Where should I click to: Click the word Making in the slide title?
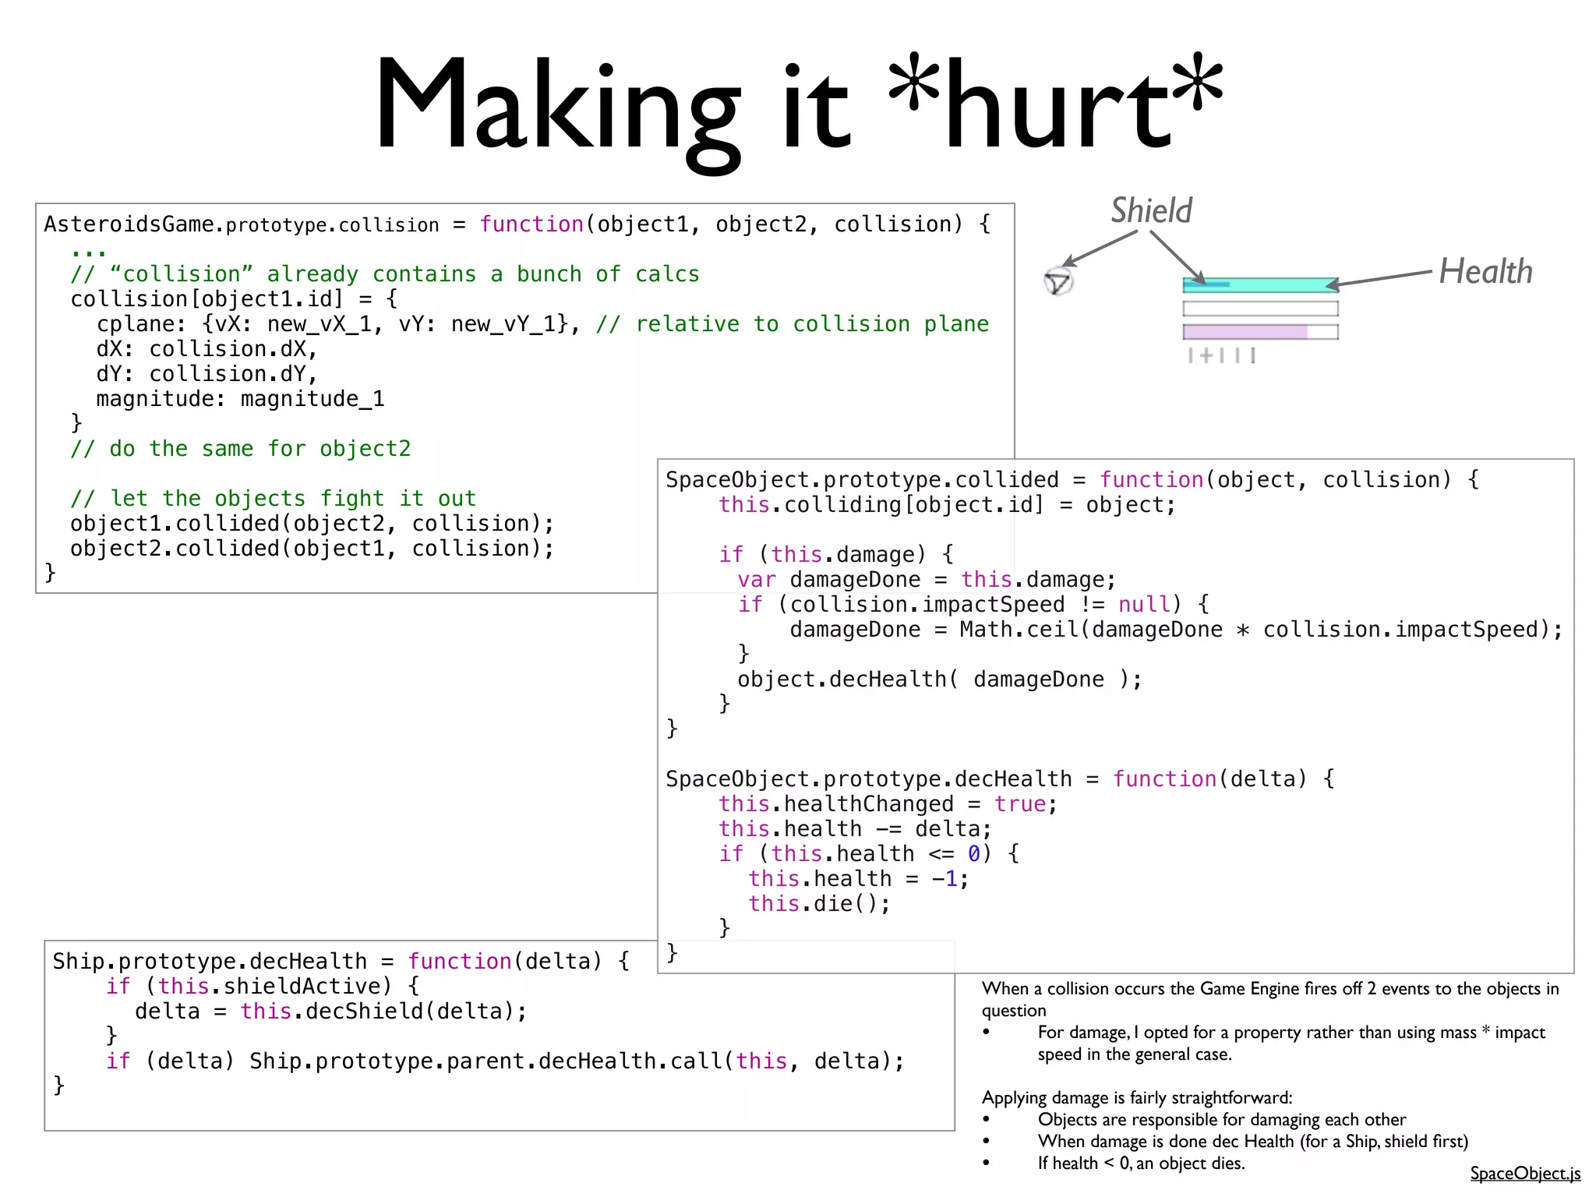click(556, 105)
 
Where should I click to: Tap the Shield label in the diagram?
click(1151, 210)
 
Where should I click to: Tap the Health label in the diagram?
click(1485, 272)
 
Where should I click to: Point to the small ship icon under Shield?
click(1058, 281)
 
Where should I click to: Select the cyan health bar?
click(1259, 284)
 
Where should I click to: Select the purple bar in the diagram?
click(1245, 332)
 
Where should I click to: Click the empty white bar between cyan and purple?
click(1260, 309)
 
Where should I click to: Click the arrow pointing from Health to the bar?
click(1379, 278)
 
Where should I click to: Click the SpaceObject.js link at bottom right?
click(1525, 1173)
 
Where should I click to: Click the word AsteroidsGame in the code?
click(129, 224)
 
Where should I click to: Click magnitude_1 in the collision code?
click(312, 399)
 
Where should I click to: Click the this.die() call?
click(818, 904)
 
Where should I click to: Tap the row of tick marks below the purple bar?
click(1221, 356)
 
